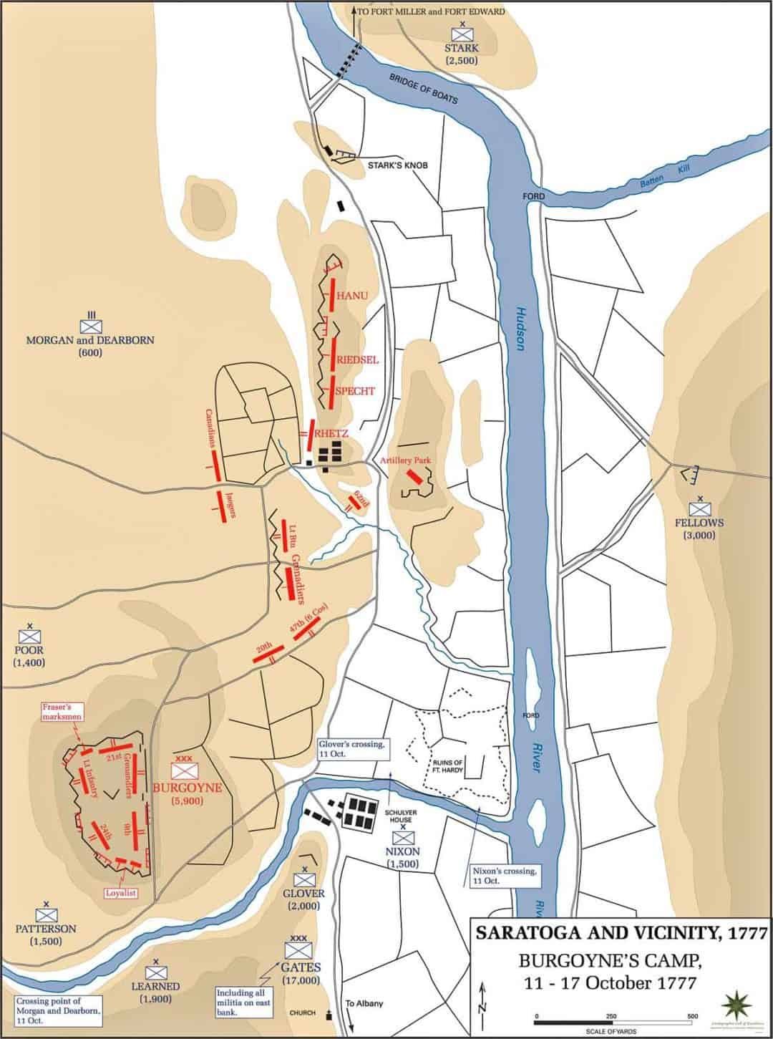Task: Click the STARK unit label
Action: tap(461, 49)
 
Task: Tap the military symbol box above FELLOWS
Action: tap(699, 509)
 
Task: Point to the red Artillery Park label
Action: tap(406, 461)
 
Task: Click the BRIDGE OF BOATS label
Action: tap(423, 89)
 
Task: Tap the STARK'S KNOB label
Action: tap(397, 165)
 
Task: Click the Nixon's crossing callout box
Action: tap(505, 876)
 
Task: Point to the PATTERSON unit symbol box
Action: tap(47, 914)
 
